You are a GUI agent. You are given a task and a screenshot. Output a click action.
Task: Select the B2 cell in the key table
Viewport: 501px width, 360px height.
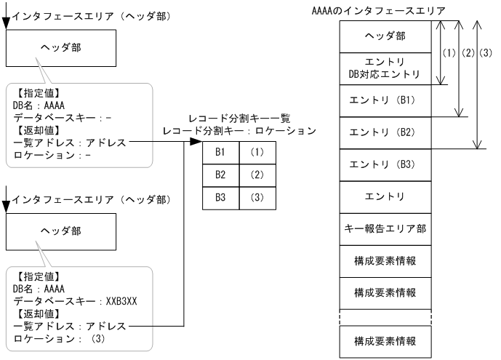point(220,175)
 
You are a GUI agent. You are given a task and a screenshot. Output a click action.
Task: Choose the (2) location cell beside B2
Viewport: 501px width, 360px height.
point(257,175)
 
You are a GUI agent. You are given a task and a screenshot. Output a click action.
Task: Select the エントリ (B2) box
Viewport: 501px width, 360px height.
point(384,132)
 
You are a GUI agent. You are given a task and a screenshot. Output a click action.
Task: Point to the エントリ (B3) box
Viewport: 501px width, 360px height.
point(384,164)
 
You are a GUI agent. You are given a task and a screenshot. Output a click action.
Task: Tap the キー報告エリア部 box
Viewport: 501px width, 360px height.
point(384,228)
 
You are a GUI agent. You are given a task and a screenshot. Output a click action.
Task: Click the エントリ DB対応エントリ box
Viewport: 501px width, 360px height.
point(384,68)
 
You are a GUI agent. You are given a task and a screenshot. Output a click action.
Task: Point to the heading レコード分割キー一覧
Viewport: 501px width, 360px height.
point(239,119)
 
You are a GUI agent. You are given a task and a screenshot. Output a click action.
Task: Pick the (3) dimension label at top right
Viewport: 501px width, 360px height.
point(486,53)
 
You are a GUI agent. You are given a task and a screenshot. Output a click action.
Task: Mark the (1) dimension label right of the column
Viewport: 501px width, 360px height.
point(449,53)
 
